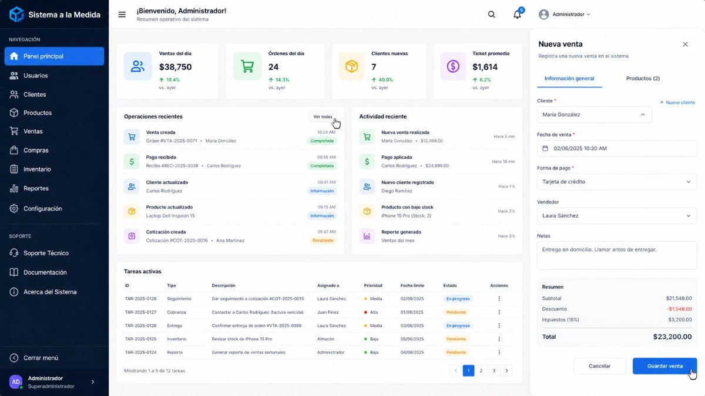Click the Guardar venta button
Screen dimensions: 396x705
coord(664,366)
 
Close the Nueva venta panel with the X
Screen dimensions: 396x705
coord(685,45)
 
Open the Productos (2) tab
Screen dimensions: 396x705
coord(643,79)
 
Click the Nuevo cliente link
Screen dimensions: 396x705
coord(677,103)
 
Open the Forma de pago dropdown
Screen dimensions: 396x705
coord(616,182)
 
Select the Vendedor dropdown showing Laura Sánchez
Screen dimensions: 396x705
coord(616,216)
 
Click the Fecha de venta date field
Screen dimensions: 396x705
coord(616,148)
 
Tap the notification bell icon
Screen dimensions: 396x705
coord(517,15)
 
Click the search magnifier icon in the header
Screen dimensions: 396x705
coord(492,15)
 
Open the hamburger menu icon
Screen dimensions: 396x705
coord(122,15)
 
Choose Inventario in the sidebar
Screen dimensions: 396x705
coord(37,170)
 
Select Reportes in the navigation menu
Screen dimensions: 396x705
coord(36,188)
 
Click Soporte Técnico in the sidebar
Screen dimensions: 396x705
coord(46,253)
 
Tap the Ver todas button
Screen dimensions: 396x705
coord(323,117)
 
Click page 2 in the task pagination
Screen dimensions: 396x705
coord(481,371)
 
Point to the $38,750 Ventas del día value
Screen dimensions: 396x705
coord(175,67)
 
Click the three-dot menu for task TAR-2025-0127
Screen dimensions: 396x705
coord(499,312)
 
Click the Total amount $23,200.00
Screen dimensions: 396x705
coord(672,337)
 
